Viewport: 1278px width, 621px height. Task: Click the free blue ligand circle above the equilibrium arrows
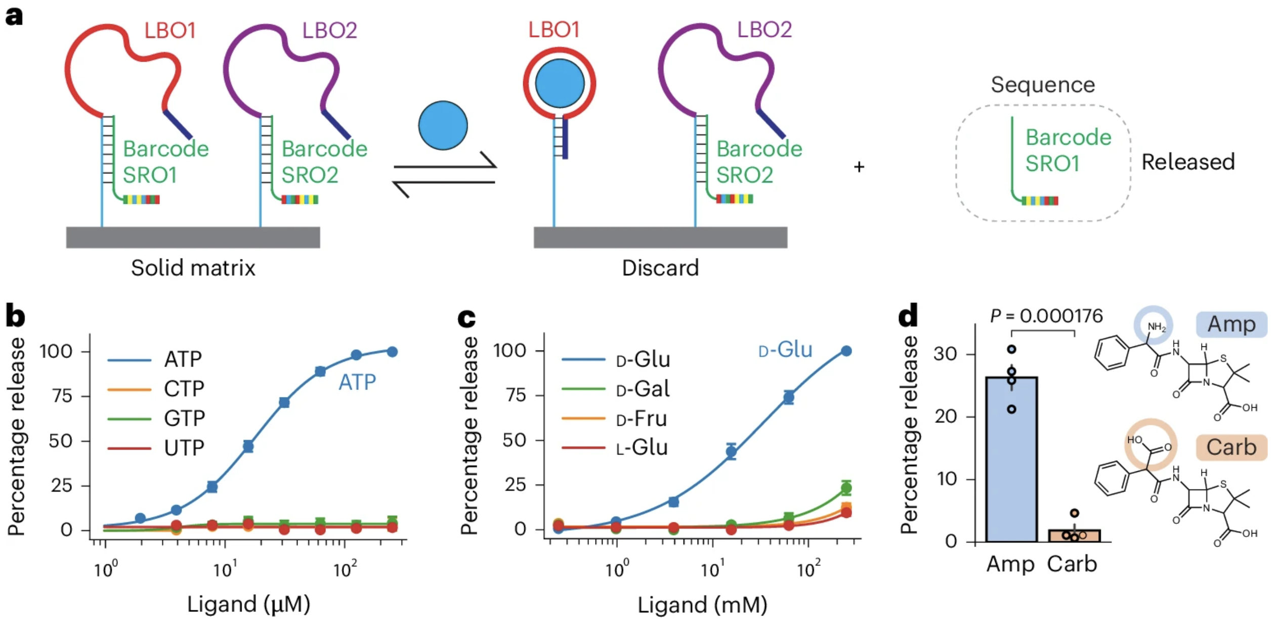[443, 125]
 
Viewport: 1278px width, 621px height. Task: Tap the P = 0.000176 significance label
[1046, 316]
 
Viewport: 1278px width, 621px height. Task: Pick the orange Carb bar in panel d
[1074, 536]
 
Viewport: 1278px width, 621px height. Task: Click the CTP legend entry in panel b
[183, 389]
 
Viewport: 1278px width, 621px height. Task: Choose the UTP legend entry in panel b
[183, 448]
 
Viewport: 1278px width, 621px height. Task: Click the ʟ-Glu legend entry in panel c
[642, 448]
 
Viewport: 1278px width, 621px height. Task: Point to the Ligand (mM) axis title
[702, 605]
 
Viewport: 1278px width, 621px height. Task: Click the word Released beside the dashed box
[1188, 162]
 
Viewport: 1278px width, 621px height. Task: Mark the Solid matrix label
[193, 268]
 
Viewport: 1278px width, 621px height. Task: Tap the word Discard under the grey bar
[660, 268]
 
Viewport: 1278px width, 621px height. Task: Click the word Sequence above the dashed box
[1043, 84]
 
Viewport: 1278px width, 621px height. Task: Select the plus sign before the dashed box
[859, 167]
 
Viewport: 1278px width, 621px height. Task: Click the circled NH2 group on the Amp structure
[1154, 327]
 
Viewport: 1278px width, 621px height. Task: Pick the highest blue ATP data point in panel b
[392, 351]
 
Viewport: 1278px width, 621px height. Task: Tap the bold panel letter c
[466, 318]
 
